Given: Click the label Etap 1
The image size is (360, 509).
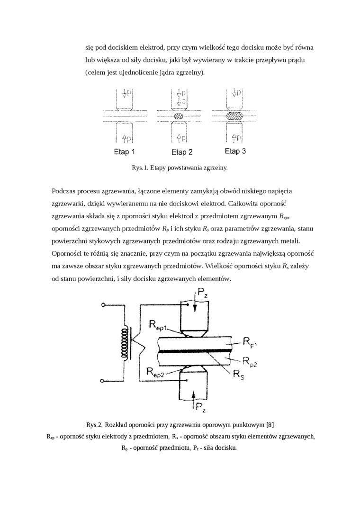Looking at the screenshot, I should [125, 152].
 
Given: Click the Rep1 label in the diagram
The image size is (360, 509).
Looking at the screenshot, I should [161, 325].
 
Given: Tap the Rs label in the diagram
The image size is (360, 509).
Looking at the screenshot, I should [239, 374].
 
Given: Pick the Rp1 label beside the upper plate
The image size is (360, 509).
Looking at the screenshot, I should [251, 341].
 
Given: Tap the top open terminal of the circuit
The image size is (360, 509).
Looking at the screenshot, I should [103, 305].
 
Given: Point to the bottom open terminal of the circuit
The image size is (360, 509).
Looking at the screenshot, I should [103, 379].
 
